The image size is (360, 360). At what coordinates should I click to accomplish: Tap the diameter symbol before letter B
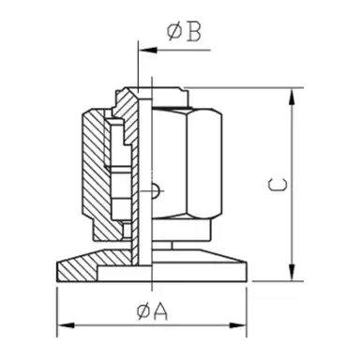click(174, 33)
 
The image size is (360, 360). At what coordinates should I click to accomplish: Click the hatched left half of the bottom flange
click(94, 270)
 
